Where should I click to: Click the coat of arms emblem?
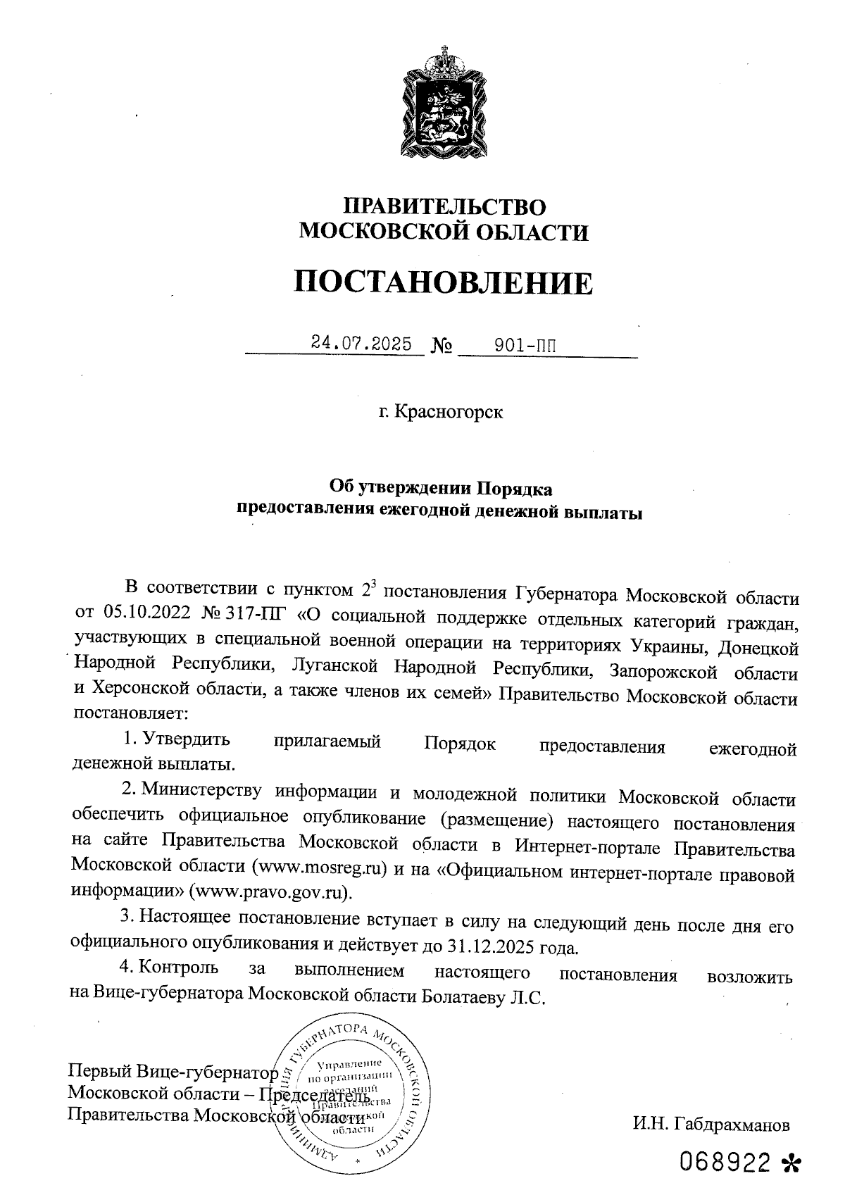(x=444, y=103)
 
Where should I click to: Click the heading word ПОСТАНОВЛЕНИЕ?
(x=443, y=282)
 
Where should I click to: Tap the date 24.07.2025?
(x=361, y=344)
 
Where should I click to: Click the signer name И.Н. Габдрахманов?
(x=711, y=1125)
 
